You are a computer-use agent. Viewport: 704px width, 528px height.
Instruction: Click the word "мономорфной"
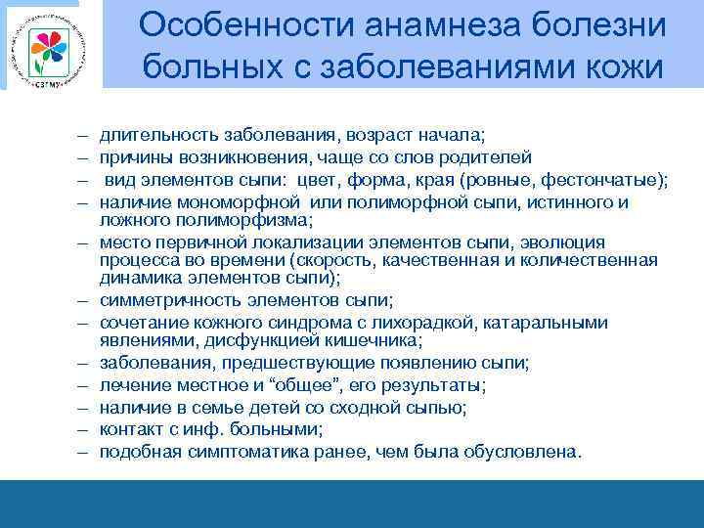[236, 202]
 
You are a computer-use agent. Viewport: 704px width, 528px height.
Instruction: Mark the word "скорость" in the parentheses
[350, 259]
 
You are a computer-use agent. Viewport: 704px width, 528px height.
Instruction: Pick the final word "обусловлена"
[531, 453]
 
